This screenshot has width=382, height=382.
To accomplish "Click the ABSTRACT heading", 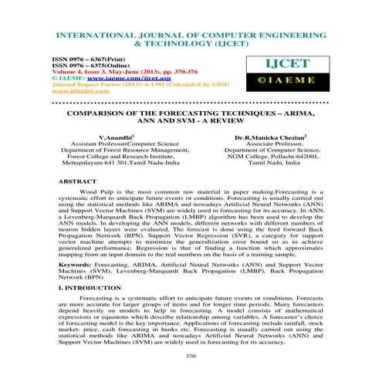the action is (72, 180).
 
